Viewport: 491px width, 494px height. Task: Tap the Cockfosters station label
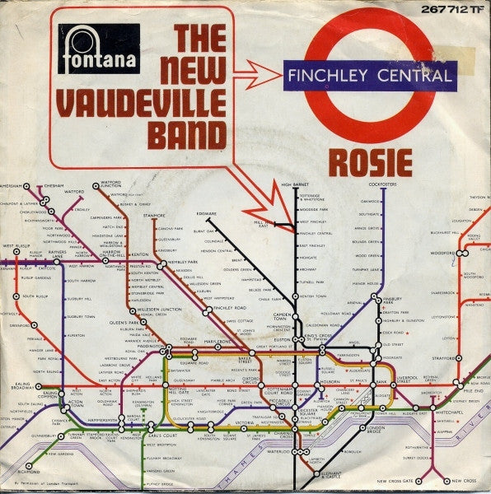click(383, 185)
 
